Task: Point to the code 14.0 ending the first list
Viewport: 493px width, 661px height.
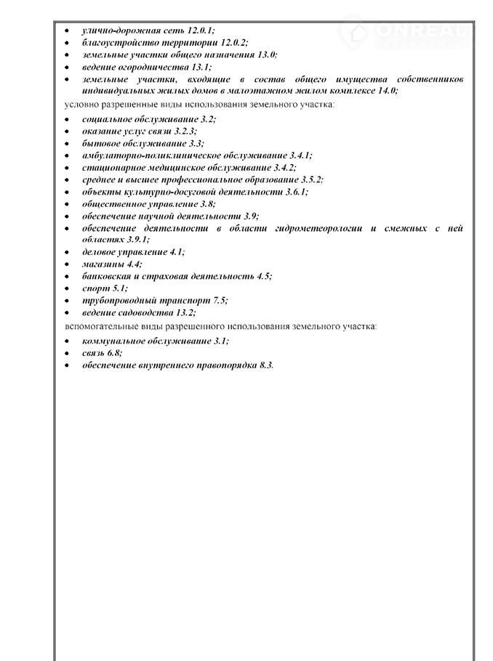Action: coord(385,91)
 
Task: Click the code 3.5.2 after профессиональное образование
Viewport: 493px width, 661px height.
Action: coord(310,179)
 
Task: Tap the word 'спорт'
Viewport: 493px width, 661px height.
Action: coord(95,288)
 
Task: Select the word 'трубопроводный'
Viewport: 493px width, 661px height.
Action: coord(120,300)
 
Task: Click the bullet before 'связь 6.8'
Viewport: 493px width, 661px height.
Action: coord(66,353)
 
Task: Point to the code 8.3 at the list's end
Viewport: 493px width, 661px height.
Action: coord(265,365)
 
